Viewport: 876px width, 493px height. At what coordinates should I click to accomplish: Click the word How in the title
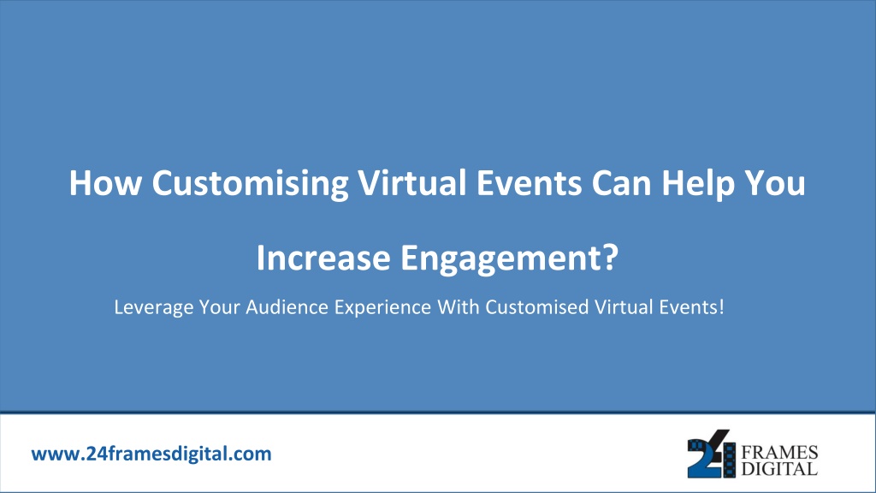pyautogui.click(x=105, y=183)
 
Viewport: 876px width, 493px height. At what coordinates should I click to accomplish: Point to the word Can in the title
pyautogui.click(x=621, y=183)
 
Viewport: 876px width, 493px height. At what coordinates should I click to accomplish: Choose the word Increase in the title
pyautogui.click(x=323, y=258)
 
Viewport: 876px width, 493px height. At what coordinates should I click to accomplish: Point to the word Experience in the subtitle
pyautogui.click(x=382, y=308)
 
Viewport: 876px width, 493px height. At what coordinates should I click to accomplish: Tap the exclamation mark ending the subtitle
pyautogui.click(x=721, y=307)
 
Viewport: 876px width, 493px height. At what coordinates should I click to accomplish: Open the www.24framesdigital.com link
pyautogui.click(x=151, y=454)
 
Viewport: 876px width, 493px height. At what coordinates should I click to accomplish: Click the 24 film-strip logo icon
pyautogui.click(x=711, y=454)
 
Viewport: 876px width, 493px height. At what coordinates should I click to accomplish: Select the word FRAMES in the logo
pyautogui.click(x=779, y=452)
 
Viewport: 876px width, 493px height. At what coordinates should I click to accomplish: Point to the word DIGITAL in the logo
pyautogui.click(x=779, y=468)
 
